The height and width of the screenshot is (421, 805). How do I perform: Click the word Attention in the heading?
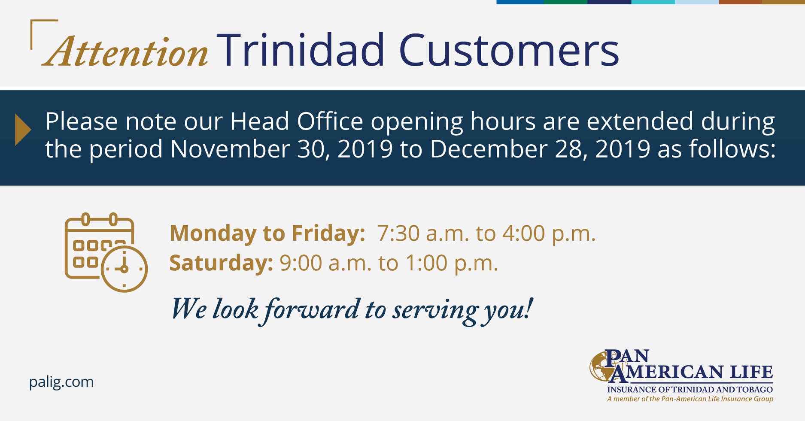point(125,51)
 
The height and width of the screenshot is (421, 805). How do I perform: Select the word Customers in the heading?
point(509,50)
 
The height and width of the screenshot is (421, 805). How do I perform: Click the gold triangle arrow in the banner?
point(23,130)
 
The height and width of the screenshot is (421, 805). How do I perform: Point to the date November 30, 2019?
point(281,149)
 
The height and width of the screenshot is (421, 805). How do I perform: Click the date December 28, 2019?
point(540,149)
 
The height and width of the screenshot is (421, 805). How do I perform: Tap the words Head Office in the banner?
point(297,121)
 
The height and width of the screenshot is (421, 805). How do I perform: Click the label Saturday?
point(221,263)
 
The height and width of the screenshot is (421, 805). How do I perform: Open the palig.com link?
point(61,382)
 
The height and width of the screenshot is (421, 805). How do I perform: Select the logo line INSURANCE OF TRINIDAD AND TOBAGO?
point(690,390)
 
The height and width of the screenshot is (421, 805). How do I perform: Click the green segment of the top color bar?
point(565,2)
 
